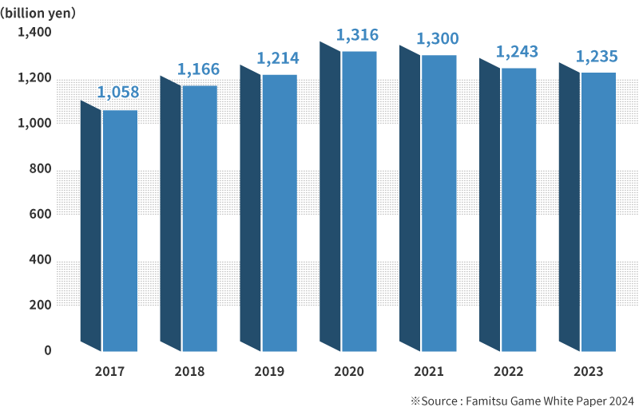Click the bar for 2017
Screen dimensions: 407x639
tap(119, 230)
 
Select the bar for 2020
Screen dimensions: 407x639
tap(359, 200)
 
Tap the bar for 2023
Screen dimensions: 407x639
tap(598, 211)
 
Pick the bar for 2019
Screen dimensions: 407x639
tap(279, 212)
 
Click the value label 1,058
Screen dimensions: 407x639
tap(117, 92)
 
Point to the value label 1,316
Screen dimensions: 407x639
tap(357, 35)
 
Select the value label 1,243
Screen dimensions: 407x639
tap(517, 52)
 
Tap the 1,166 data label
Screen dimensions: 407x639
tap(197, 69)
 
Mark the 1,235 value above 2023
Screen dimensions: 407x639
tap(597, 57)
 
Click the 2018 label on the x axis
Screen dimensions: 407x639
tap(189, 371)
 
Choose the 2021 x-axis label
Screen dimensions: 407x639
tap(429, 371)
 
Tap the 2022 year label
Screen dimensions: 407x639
tap(509, 371)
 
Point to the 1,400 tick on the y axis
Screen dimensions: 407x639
tap(35, 33)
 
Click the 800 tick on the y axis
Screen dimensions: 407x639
tap(40, 169)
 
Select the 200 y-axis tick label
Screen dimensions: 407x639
tap(40, 306)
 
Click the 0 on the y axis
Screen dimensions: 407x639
tap(47, 351)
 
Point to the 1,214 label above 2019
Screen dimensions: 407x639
tap(277, 58)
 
